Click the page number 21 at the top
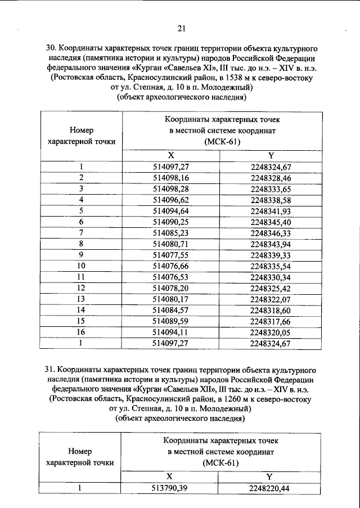(181, 28)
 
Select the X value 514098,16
(171, 177)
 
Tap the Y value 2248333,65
(271, 188)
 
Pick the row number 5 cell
(82, 211)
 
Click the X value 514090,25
(171, 222)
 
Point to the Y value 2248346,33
(271, 233)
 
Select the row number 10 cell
(82, 266)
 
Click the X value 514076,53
(171, 277)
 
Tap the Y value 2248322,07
(271, 299)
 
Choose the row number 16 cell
(82, 332)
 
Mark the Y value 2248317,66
(271, 321)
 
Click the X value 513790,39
(171, 488)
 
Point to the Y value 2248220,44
(271, 488)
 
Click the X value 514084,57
(171, 310)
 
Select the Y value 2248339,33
(271, 255)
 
